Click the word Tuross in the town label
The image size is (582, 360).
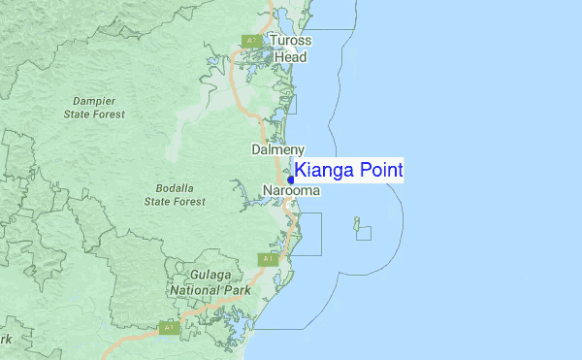290,41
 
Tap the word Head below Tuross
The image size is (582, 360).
290,57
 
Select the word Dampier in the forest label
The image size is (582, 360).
95,100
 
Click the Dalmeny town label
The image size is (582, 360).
278,149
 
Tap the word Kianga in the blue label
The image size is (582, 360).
325,171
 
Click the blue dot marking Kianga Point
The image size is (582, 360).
291,180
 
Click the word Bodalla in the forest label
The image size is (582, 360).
176,187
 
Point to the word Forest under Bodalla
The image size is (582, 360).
188,201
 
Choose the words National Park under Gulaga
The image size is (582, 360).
210,289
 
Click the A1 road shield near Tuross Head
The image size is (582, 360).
250,41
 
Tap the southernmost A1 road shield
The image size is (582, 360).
169,328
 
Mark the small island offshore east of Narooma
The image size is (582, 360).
357,221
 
